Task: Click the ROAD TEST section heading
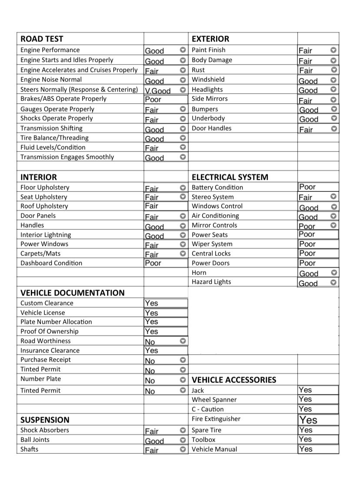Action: tap(42, 39)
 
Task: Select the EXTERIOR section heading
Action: tap(210, 39)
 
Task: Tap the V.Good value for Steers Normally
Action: tap(157, 90)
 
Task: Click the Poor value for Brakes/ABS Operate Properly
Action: tap(153, 99)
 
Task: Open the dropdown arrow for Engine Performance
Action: tap(183, 50)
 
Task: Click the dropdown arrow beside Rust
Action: tap(333, 70)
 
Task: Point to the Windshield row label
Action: tap(208, 80)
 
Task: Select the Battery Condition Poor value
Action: tap(307, 187)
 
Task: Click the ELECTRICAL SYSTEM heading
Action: tap(230, 177)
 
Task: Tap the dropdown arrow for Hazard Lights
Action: tap(333, 283)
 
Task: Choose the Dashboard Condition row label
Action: tap(51, 263)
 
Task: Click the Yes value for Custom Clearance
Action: tap(151, 303)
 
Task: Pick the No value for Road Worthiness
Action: tap(150, 342)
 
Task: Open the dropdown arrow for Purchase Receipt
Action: tap(183, 360)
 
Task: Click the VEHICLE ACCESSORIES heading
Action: tap(234, 380)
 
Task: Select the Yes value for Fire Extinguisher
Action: tap(308, 420)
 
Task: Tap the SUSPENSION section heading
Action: tap(45, 420)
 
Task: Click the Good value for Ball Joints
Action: tap(154, 441)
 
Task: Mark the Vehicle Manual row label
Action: tap(214, 449)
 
